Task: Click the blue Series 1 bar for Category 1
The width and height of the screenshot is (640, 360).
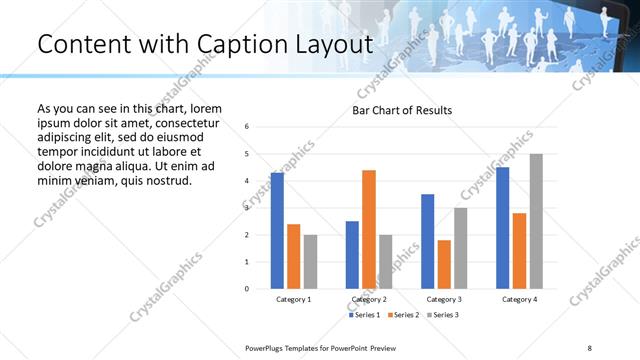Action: coord(277,231)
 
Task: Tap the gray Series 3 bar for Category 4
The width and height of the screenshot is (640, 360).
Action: coord(536,221)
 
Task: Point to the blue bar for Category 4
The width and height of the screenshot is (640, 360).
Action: coord(503,228)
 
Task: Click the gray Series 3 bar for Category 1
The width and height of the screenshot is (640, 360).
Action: coord(310,262)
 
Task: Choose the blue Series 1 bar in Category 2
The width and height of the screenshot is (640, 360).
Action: coord(352,255)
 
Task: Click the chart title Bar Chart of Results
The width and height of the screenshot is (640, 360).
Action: coord(402,110)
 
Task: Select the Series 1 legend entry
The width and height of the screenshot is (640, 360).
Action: coord(364,315)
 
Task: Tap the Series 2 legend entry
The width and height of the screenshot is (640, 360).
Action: coord(402,315)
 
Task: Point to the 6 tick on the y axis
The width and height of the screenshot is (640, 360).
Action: coord(247,127)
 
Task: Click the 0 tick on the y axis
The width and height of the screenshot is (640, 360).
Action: coord(247,289)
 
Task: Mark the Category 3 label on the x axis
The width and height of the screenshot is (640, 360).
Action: coord(444,299)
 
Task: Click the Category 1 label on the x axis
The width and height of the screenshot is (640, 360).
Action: coord(294,299)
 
